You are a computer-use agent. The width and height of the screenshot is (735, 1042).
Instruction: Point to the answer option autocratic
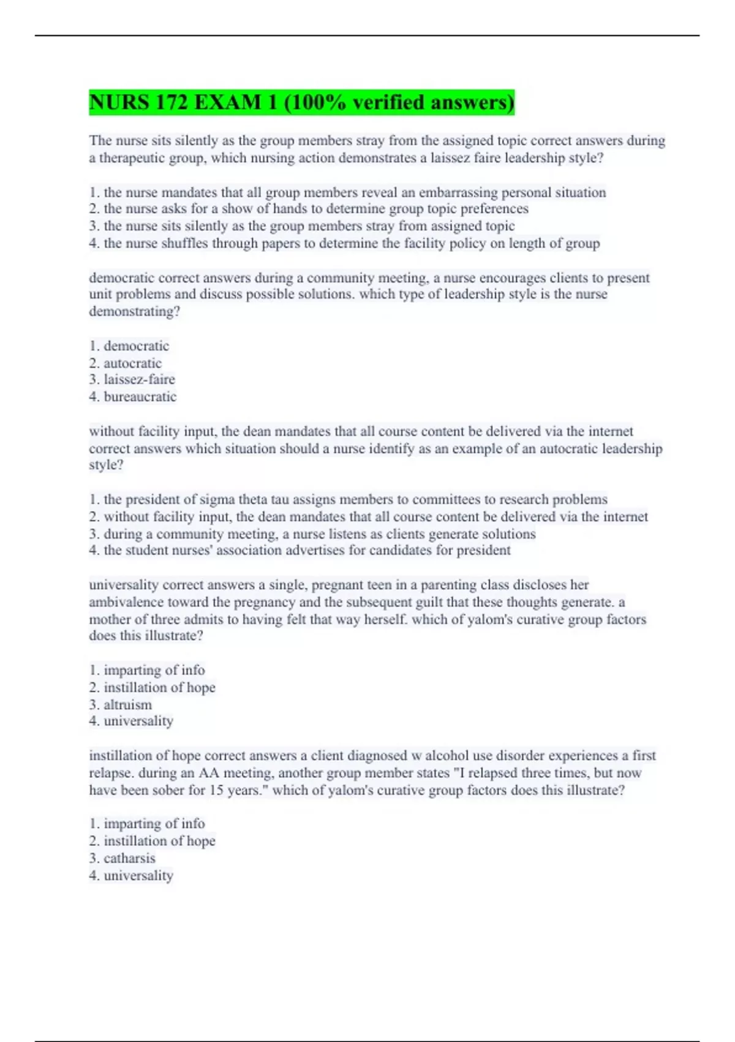pyautogui.click(x=132, y=363)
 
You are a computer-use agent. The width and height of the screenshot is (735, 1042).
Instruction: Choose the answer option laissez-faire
pyautogui.click(x=139, y=379)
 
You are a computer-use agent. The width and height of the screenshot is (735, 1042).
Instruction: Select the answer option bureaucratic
pyautogui.click(x=140, y=397)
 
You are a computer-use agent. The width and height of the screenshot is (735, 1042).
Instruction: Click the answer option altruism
pyautogui.click(x=127, y=705)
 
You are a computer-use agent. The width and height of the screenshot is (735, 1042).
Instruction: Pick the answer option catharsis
pyautogui.click(x=129, y=858)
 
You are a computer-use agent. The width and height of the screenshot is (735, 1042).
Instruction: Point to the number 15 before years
pyautogui.click(x=216, y=790)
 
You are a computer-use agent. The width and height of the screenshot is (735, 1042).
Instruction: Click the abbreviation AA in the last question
pyautogui.click(x=209, y=773)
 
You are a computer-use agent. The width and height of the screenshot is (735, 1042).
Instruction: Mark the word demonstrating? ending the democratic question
pyautogui.click(x=134, y=311)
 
